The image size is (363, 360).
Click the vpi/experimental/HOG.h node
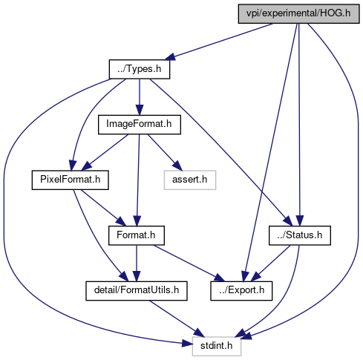click(x=298, y=14)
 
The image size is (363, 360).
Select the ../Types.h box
click(x=140, y=69)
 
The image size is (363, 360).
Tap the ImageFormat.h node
click(x=140, y=125)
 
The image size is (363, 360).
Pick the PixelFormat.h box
click(x=70, y=180)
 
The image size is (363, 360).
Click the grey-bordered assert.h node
click(x=190, y=180)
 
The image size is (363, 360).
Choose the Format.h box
click(x=137, y=235)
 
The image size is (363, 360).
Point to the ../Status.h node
click(x=300, y=235)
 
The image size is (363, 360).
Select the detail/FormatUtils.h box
click(x=137, y=291)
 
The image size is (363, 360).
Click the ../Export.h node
click(x=241, y=291)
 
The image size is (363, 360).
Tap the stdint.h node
click(x=217, y=347)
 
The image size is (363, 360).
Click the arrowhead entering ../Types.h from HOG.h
click(x=170, y=56)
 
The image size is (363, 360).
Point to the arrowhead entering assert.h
click(x=177, y=166)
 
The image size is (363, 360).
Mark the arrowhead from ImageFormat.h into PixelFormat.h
click(x=86, y=166)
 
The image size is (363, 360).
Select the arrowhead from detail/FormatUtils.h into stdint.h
click(x=200, y=333)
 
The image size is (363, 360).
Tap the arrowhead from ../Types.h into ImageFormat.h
click(x=140, y=111)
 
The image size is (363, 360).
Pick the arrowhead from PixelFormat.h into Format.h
click(x=121, y=221)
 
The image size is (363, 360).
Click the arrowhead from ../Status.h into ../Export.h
click(x=256, y=277)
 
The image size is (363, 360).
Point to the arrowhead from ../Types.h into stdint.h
click(x=187, y=344)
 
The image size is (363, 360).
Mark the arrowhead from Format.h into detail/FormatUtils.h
click(x=137, y=277)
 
